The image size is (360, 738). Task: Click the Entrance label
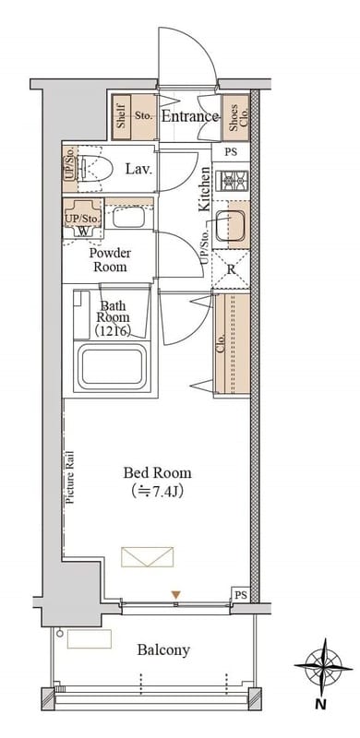click(189, 116)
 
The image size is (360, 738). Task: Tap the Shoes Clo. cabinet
click(235, 117)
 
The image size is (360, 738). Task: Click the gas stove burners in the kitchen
click(231, 179)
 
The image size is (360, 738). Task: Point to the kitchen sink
click(230, 224)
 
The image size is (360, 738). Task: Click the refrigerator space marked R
click(231, 269)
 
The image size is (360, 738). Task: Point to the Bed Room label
click(157, 472)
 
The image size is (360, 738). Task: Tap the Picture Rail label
click(70, 477)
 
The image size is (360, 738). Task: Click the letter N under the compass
click(320, 705)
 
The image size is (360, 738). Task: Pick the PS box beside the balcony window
click(239, 593)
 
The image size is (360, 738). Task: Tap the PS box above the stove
click(231, 152)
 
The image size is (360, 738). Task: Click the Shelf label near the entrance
click(121, 117)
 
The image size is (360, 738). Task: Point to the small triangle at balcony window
click(175, 595)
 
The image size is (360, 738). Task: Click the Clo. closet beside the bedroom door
click(232, 345)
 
